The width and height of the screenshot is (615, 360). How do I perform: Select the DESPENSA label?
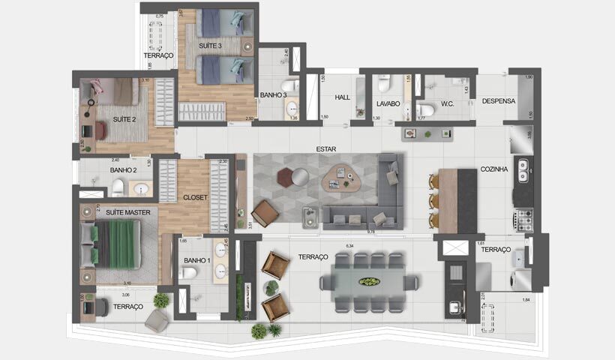[x=497, y=101]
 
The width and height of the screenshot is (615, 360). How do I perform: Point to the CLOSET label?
[x=194, y=198]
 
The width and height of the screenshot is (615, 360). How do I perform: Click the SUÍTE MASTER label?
[x=127, y=213]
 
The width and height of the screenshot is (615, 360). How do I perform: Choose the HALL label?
[x=343, y=97]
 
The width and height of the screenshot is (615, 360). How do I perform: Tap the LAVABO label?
[x=388, y=104]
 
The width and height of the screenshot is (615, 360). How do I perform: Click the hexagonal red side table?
[x=285, y=177]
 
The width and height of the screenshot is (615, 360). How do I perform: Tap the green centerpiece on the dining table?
[x=369, y=282]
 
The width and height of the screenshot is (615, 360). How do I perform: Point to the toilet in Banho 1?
[x=188, y=274]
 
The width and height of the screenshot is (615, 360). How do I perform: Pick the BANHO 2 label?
[x=124, y=170]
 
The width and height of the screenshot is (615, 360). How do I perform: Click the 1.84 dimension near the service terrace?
[x=525, y=301]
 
